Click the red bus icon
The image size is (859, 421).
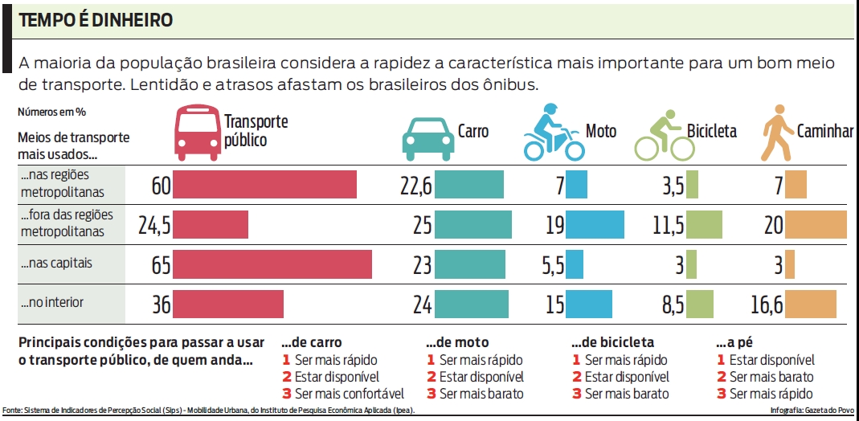tap(198, 133)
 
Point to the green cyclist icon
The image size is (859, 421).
tap(665, 134)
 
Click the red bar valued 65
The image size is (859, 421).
tap(272, 264)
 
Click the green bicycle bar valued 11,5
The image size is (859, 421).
tap(705, 224)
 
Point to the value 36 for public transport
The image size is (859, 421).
tap(161, 305)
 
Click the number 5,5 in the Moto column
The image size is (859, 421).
tap(552, 265)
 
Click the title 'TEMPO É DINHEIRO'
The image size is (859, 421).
tap(96, 21)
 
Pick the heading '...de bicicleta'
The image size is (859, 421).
tap(612, 342)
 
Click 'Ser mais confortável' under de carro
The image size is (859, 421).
tap(349, 394)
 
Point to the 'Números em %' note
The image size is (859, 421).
tap(51, 112)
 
